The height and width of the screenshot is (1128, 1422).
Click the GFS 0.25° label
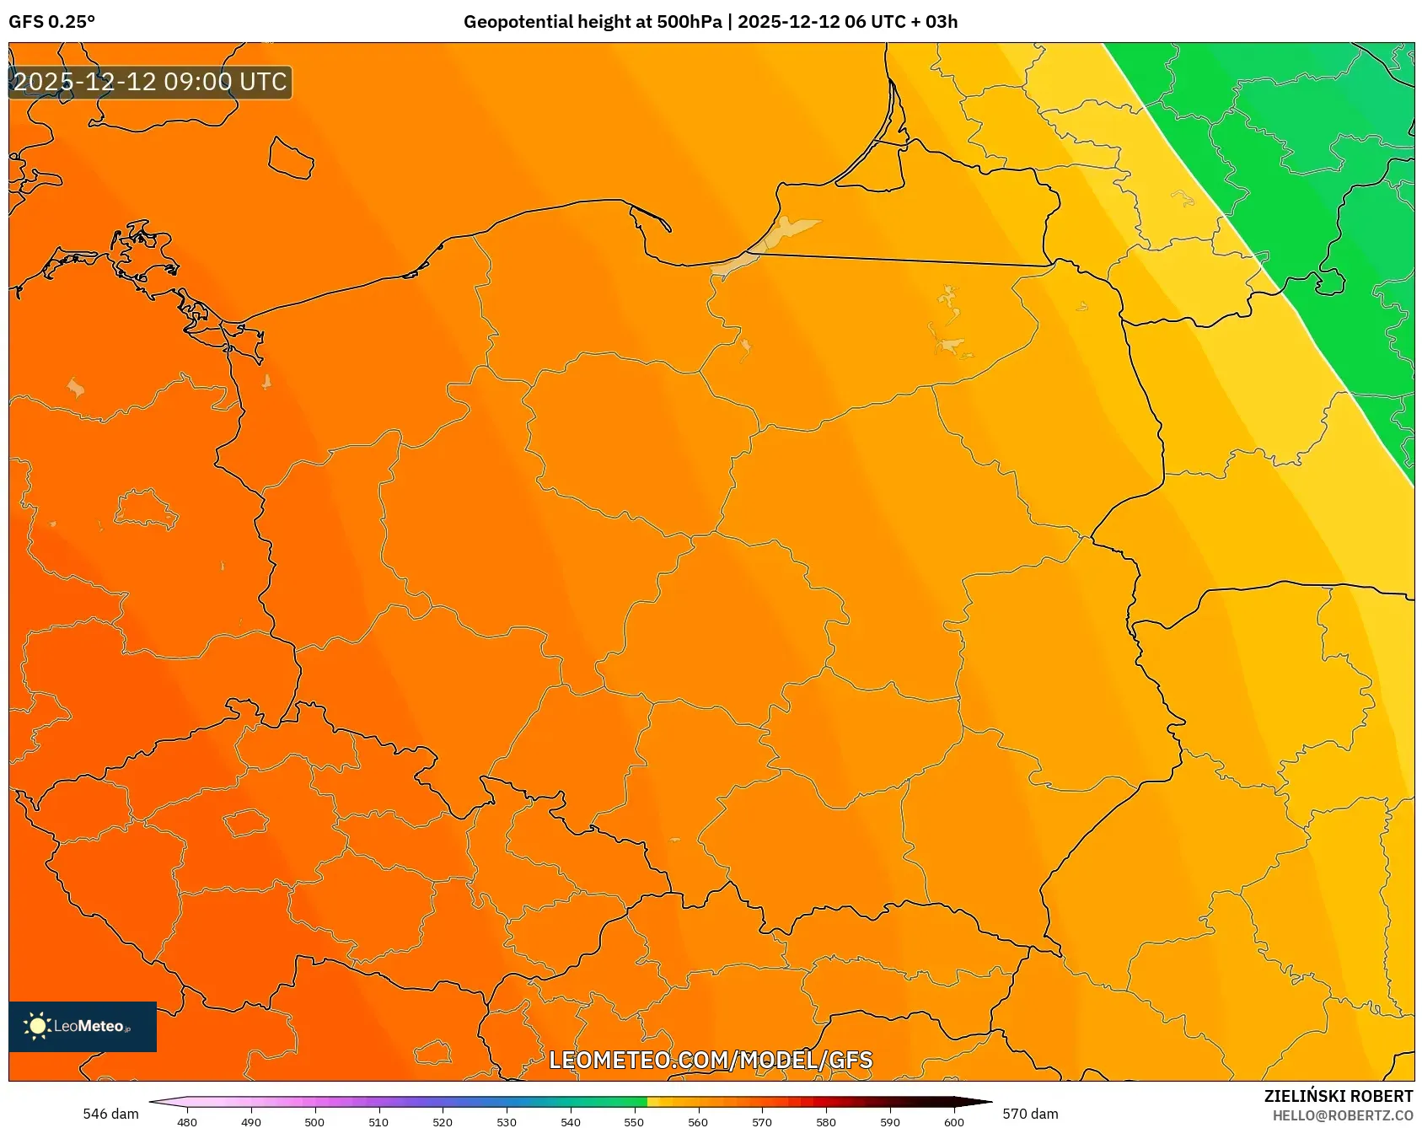coord(51,22)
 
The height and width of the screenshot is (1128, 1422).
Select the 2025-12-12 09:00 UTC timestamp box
coord(150,82)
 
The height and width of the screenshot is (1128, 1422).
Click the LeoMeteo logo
coord(83,1026)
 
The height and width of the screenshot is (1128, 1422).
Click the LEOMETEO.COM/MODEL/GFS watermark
coord(711,1060)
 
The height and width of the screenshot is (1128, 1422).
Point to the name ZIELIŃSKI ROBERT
coord(1338,1096)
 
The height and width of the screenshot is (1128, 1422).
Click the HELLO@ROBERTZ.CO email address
coord(1342,1115)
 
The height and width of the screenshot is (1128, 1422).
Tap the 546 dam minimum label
coord(110,1114)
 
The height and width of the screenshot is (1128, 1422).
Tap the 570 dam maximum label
coord(1030,1114)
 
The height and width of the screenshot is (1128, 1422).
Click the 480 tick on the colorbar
coord(187,1122)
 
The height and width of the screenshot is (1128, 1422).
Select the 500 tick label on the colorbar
coord(314,1122)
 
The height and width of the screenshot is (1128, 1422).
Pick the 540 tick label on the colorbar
coord(571,1122)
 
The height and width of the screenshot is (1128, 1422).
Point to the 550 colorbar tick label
coord(634,1122)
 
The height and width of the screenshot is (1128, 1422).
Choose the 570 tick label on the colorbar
coord(762,1122)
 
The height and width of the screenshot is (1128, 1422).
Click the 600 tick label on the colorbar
coord(954,1122)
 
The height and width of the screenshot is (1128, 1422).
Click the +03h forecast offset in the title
coord(934,22)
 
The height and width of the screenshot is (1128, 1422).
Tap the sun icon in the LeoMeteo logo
coord(37,1026)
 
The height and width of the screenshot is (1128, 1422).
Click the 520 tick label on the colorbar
coord(443,1122)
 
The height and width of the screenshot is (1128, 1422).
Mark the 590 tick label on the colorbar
coord(890,1122)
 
